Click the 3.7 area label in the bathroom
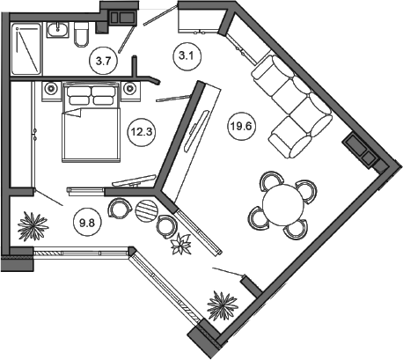click(104, 62)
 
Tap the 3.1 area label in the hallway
click(187, 55)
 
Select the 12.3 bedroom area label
click(142, 132)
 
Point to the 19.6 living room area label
click(241, 127)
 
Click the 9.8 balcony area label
click(87, 223)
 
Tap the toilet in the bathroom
click(81, 34)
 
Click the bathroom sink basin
click(58, 30)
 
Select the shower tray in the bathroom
click(26, 48)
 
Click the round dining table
click(282, 204)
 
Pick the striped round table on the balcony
click(147, 210)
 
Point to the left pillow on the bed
click(79, 96)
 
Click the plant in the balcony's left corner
click(33, 226)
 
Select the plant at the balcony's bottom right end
click(222, 305)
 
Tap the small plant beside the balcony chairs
click(181, 243)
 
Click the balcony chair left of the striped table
click(120, 208)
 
